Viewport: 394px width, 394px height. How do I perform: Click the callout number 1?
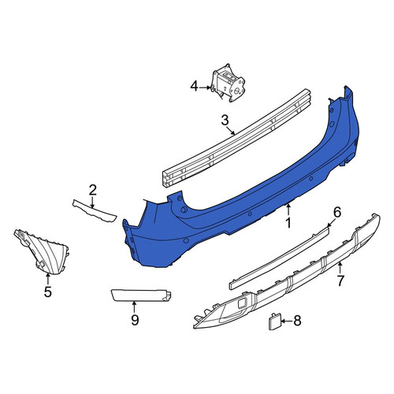pyautogui.click(x=288, y=223)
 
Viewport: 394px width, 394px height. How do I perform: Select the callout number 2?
pyautogui.click(x=92, y=190)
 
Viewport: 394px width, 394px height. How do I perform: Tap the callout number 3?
pyautogui.click(x=225, y=121)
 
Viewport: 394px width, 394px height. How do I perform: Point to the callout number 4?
pyautogui.click(x=194, y=87)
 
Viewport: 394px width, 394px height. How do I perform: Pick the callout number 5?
pyautogui.click(x=47, y=292)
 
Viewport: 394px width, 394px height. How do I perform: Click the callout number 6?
pyautogui.click(x=337, y=212)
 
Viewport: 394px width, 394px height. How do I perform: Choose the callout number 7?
pyautogui.click(x=340, y=281)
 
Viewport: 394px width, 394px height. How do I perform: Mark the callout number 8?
pyautogui.click(x=297, y=321)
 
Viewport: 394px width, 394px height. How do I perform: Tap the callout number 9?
pyautogui.click(x=135, y=320)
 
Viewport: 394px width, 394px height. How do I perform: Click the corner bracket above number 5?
pyautogui.click(x=42, y=251)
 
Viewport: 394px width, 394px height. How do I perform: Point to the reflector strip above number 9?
pyautogui.click(x=141, y=295)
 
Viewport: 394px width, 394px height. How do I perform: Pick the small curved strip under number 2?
pyautogui.click(x=95, y=210)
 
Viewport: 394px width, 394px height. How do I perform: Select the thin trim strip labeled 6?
pyautogui.click(x=279, y=258)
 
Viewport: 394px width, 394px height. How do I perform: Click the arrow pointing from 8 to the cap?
pyautogui.click(x=287, y=321)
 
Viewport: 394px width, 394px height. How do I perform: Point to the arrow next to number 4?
pyautogui.click(x=206, y=87)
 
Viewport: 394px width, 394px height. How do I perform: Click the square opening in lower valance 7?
pyautogui.click(x=242, y=303)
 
